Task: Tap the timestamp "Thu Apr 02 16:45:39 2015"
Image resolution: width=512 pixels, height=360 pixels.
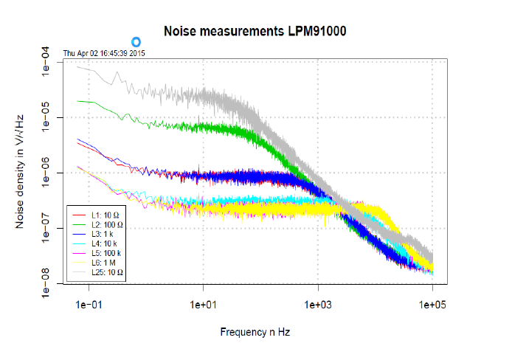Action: coord(104,53)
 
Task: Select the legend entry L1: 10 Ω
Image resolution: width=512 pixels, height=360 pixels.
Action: coord(103,214)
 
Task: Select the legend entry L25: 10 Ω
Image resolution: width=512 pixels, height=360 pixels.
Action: coord(105,271)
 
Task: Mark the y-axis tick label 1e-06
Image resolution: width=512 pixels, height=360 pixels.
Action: coord(46,173)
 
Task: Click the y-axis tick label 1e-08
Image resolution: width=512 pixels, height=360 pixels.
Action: coord(46,283)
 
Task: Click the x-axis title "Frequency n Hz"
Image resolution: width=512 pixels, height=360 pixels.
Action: coord(255,332)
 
